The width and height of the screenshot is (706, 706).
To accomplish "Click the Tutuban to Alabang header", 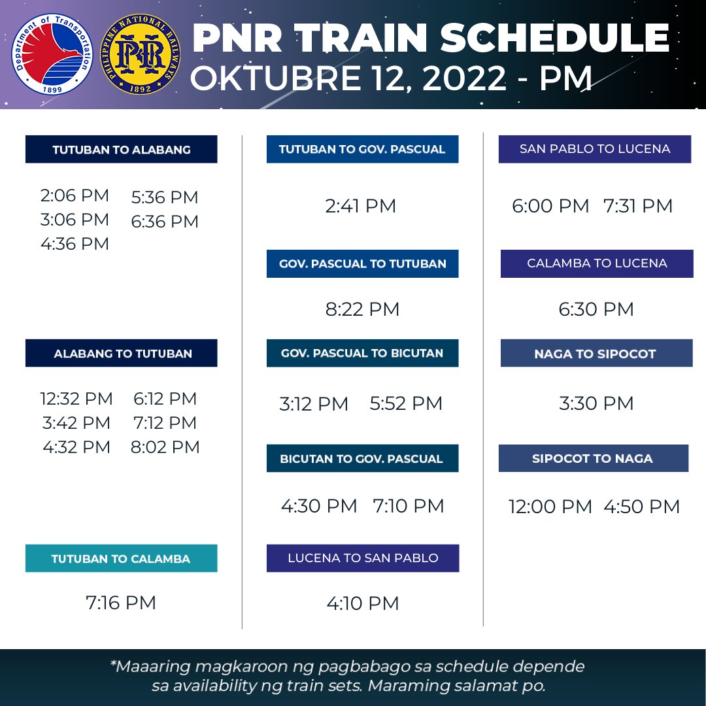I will pos(122,150).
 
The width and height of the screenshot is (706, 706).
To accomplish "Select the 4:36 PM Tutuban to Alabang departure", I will pos(75,244).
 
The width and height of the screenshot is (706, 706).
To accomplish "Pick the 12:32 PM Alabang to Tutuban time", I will pos(76,399).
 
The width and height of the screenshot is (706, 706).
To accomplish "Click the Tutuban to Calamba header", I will pos(121,559).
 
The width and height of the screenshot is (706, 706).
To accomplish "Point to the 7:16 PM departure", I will pos(121,602).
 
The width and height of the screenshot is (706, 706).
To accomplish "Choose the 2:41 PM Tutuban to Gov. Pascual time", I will pos(361,207).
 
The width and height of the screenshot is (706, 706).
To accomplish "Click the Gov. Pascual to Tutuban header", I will pos(362,264).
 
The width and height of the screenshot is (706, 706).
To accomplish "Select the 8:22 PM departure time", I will pos(362,309).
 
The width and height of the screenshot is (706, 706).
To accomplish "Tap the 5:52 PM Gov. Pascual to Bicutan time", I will pos(406,403).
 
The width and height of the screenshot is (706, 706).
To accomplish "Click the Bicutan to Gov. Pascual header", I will pos(362,459).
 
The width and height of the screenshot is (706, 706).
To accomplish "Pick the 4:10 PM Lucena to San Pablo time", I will pos(363,603).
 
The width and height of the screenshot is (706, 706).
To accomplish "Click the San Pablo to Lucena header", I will pos(595,149).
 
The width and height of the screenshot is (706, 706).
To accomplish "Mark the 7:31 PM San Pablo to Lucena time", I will pos(638,207).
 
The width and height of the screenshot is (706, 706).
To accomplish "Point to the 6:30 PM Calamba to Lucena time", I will pos(596,309).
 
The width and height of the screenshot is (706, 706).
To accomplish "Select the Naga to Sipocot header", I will pos(595,354).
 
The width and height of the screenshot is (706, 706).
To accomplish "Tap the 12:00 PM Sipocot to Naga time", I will pos(550,507).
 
